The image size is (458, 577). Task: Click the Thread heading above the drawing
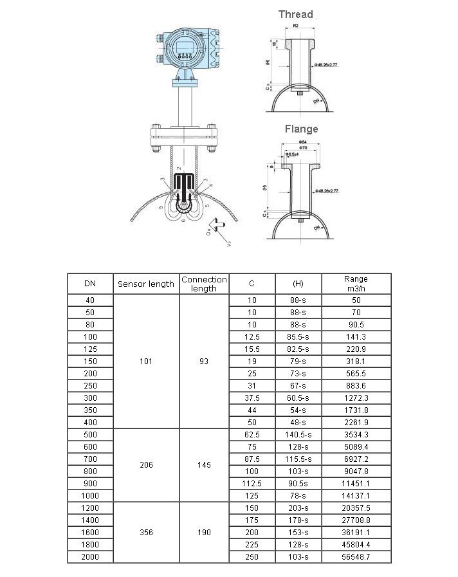[295, 14]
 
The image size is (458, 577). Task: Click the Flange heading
[301, 129]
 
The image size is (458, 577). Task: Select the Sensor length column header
[146, 284]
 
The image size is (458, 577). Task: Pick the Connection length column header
[204, 284]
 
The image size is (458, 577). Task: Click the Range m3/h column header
[356, 284]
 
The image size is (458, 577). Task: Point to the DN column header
[90, 284]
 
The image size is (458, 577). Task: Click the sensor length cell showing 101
[146, 361]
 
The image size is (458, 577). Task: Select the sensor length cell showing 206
[146, 464]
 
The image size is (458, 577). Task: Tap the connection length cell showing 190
[204, 533]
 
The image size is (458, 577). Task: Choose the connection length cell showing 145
[204, 464]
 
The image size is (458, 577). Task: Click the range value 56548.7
[356, 556]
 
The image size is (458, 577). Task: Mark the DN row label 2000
[90, 556]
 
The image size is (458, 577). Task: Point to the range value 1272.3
[356, 398]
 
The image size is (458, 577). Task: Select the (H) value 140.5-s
[298, 434]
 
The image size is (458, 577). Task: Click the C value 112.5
[252, 483]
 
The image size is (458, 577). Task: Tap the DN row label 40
[90, 300]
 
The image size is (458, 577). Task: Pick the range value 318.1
[356, 361]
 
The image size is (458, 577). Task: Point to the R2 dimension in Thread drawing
[295, 25]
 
